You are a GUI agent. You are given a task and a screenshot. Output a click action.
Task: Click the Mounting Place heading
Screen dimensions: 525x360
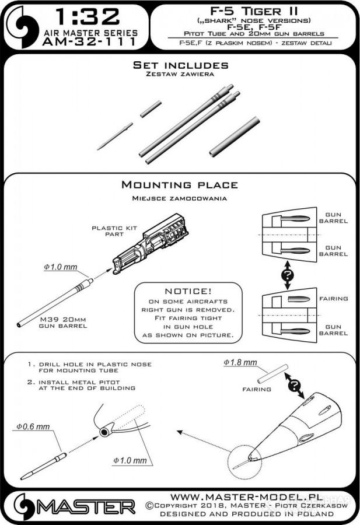click(x=179, y=185)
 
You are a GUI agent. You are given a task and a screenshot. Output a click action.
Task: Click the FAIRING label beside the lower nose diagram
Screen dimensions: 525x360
click(x=334, y=299)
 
